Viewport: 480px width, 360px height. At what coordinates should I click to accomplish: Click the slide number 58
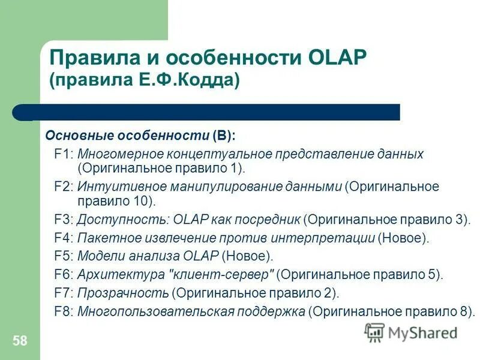click(x=20, y=341)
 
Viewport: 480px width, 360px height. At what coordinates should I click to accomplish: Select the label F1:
click(x=64, y=154)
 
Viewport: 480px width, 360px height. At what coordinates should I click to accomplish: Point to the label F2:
click(x=64, y=187)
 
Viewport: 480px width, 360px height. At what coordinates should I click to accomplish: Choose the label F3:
click(x=64, y=220)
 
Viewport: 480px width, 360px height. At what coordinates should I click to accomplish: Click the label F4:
click(x=64, y=238)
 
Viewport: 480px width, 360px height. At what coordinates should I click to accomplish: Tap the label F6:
click(x=64, y=275)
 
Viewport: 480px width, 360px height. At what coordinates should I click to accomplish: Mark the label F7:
click(x=64, y=293)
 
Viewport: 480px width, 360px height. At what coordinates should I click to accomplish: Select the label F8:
click(x=64, y=311)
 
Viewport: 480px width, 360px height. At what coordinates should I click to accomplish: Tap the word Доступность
click(x=113, y=220)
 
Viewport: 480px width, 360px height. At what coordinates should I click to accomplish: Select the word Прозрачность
click(x=122, y=293)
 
